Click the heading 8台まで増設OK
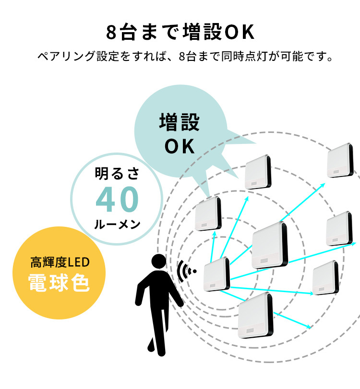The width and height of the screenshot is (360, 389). tap(180, 33)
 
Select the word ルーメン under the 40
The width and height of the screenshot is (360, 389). tap(117, 224)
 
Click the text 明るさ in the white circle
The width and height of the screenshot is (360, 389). tap(117, 174)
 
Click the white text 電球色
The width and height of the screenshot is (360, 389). tap(59, 283)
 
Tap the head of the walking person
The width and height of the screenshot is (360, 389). tap(159, 262)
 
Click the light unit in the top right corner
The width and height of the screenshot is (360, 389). tap(340, 160)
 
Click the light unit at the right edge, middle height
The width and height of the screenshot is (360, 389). tap(340, 228)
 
